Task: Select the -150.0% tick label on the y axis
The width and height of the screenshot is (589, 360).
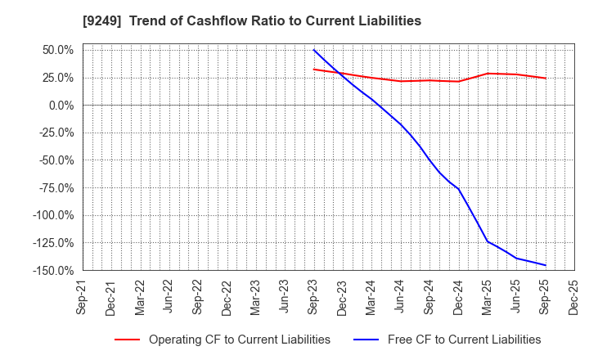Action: point(50,270)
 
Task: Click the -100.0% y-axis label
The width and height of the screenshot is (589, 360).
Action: point(50,215)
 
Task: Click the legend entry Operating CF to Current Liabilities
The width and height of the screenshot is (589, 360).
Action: point(240,340)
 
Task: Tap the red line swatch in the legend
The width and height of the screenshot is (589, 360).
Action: point(127,340)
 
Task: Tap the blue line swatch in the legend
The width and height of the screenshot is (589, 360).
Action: point(353,340)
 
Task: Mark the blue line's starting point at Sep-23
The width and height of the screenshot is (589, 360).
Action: point(314,50)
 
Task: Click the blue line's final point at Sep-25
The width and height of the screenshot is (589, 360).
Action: point(546,265)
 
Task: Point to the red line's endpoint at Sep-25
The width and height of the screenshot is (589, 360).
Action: point(546,79)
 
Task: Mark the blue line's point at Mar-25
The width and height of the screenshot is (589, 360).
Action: point(488,241)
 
